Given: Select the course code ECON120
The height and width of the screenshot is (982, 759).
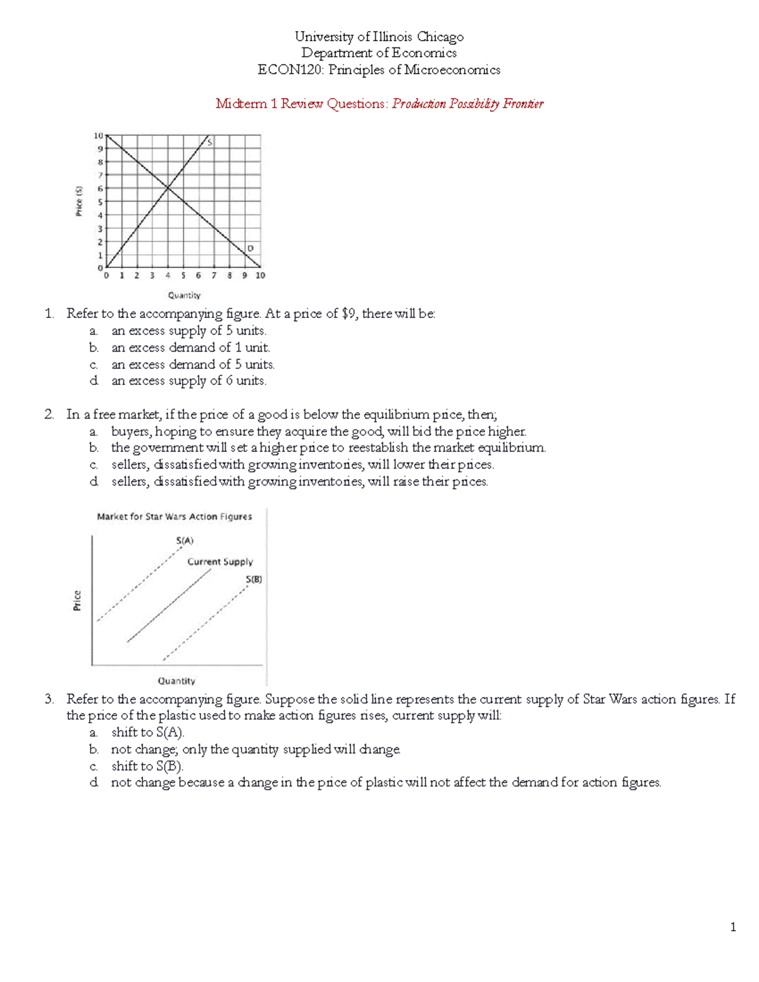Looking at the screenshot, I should pyautogui.click(x=290, y=70).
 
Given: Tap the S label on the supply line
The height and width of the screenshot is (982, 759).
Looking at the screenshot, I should pyautogui.click(x=209, y=143).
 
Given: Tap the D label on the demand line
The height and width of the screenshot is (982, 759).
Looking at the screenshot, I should pyautogui.click(x=250, y=249).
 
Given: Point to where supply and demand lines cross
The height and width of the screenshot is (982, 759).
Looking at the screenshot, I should pyautogui.click(x=168, y=187).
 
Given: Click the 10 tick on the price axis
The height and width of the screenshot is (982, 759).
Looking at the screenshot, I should pyautogui.click(x=98, y=135).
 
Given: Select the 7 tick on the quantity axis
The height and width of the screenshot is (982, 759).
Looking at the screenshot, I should pyautogui.click(x=214, y=276).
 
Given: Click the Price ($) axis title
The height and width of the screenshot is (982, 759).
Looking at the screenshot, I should pyautogui.click(x=79, y=200).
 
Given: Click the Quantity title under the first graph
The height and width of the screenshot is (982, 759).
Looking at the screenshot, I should pyautogui.click(x=184, y=295).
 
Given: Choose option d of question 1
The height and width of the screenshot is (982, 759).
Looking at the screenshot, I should pyautogui.click(x=94, y=381).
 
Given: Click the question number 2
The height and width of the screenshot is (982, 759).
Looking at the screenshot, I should pyautogui.click(x=49, y=415).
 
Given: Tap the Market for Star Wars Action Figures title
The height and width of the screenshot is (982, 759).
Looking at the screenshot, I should pyautogui.click(x=174, y=517).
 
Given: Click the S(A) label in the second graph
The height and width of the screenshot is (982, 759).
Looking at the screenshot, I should pyautogui.click(x=185, y=541).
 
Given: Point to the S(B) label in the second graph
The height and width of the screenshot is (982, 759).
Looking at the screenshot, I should pyautogui.click(x=254, y=579).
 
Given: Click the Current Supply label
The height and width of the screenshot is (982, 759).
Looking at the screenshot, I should pyautogui.click(x=219, y=562).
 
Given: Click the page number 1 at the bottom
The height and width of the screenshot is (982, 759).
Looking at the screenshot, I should pyautogui.click(x=732, y=928).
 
